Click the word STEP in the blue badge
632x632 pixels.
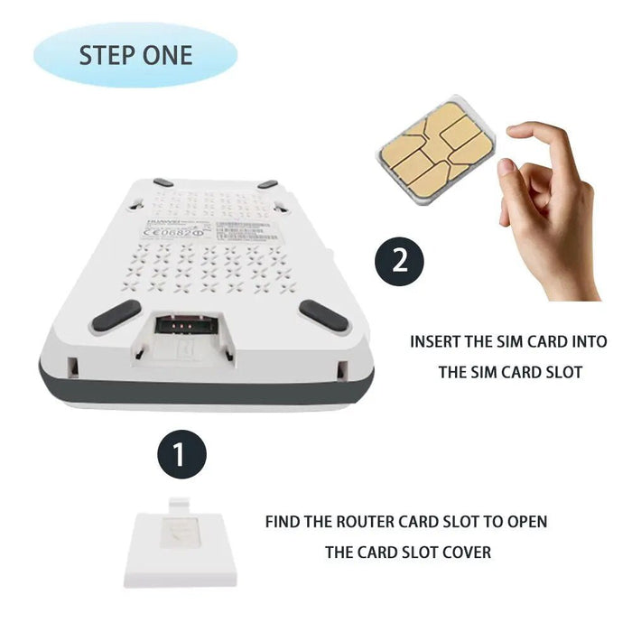pos(107,55)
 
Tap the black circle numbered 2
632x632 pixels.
pos(398,263)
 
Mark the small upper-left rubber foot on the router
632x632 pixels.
pos(163,182)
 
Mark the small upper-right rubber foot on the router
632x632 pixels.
pos(267,184)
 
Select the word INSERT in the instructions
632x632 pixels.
pos(439,342)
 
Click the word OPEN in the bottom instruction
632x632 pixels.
pos(525,522)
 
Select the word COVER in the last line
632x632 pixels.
pos(464,552)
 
